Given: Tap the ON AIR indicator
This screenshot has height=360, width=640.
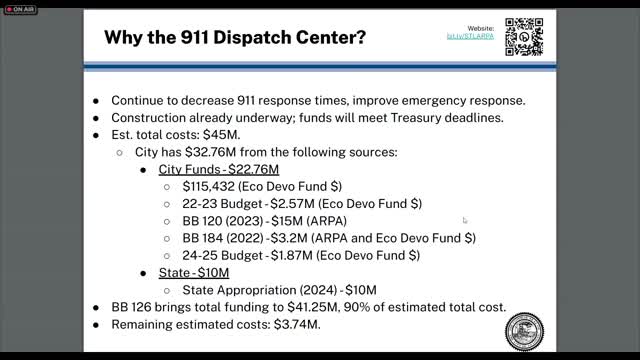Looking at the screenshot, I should [x=21, y=9].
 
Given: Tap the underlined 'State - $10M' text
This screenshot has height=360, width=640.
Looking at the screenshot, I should [x=194, y=272].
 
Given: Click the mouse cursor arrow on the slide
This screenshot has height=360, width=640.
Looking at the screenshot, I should [x=464, y=220].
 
